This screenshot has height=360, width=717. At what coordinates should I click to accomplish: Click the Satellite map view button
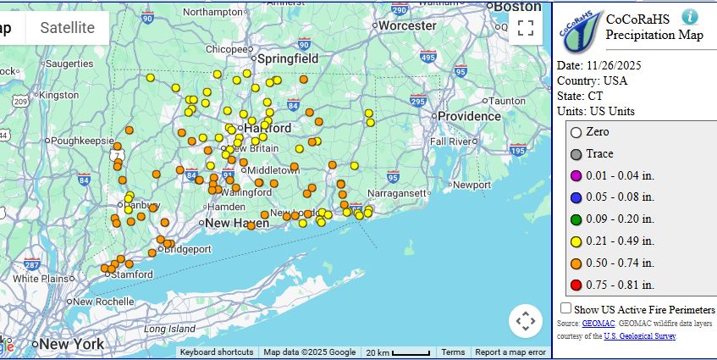pos(68,28)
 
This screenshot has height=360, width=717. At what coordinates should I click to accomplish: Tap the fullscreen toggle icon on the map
pos(525,28)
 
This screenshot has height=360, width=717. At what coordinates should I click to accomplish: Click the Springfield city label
pos(288,59)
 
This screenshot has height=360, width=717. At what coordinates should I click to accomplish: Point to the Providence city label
pos(469,116)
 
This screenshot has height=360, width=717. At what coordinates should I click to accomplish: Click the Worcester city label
pos(406,25)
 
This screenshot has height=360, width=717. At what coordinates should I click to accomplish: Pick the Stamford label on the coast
pos(133,274)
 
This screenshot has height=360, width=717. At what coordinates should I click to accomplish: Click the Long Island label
pos(168,329)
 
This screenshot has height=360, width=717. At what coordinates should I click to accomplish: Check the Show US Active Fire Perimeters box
pos(565,308)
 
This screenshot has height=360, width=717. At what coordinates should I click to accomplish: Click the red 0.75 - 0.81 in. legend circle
pos(576,285)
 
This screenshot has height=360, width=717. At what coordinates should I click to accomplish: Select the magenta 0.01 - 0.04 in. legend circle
pos(576,175)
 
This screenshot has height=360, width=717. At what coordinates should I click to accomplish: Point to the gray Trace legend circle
pos(576,154)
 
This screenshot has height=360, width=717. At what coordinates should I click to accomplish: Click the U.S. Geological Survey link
pos(639,336)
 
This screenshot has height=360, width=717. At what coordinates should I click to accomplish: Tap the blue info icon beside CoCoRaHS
pos(691,17)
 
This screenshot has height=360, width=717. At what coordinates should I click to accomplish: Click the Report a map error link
pos(510,352)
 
